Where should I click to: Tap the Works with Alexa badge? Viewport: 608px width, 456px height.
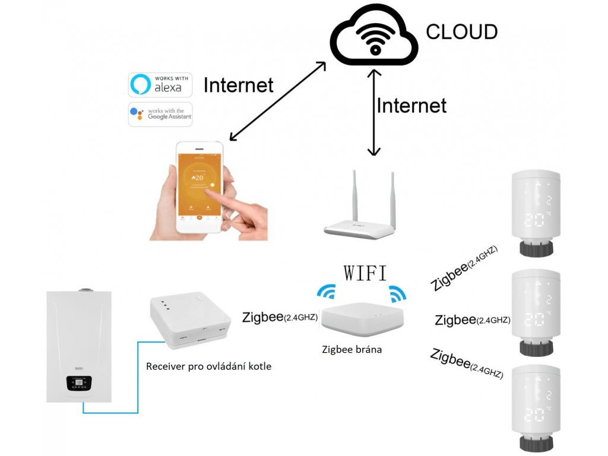[160, 85]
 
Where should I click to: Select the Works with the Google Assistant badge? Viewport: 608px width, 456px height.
[160, 114]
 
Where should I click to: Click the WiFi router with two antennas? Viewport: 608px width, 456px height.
[359, 223]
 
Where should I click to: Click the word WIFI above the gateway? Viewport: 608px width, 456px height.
[365, 273]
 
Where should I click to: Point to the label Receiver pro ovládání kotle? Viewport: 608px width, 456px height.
[208, 366]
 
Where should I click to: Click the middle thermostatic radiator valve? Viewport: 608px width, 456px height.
[536, 309]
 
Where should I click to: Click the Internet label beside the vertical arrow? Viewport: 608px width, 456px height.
[411, 106]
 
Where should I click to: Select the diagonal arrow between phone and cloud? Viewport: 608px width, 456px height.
[278, 101]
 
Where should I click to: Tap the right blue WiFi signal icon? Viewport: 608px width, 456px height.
[395, 293]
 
